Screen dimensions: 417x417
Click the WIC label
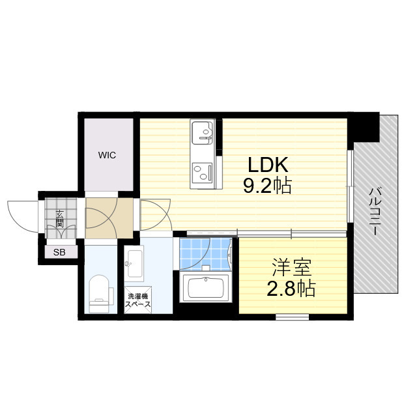click(107, 155)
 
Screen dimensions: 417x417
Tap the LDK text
click(268, 165)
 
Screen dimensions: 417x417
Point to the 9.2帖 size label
click(268, 185)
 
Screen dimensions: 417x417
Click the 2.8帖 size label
click(291, 289)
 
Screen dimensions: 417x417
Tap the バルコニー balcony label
click(375, 211)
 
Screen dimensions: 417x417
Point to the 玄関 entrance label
click(59, 219)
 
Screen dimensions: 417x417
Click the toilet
click(100, 294)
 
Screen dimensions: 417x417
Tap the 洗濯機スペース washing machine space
click(137, 300)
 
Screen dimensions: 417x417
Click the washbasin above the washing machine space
click(134, 263)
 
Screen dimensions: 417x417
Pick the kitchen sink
click(203, 132)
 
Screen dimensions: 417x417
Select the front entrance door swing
click(23, 216)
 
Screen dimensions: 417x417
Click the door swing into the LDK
click(155, 215)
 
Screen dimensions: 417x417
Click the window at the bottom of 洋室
click(292, 317)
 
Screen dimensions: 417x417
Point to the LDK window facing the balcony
click(351, 186)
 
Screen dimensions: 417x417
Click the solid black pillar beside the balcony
click(364, 128)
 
